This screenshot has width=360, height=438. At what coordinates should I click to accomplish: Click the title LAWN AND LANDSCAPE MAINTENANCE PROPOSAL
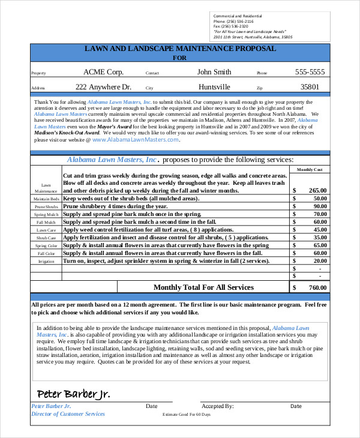(x=180, y=48)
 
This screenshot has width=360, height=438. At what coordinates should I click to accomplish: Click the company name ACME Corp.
(x=103, y=72)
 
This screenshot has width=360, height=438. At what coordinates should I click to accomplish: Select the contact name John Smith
(x=214, y=72)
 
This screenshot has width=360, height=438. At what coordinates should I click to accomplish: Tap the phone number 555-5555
(x=310, y=72)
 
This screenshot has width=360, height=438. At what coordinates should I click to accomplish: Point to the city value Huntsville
(x=214, y=86)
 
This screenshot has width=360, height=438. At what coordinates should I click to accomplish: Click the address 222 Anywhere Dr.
(x=103, y=86)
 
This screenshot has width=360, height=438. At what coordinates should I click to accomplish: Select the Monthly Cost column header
(x=310, y=170)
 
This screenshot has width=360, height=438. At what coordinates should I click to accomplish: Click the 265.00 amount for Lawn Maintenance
(x=317, y=190)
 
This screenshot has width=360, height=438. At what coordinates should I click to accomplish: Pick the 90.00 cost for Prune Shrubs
(x=319, y=206)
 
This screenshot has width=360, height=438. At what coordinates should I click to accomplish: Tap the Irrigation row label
(x=46, y=262)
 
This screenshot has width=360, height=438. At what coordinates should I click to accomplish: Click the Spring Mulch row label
(x=46, y=214)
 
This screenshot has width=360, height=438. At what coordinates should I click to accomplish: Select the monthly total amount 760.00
(x=317, y=288)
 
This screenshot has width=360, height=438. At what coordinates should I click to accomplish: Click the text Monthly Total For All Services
(x=203, y=287)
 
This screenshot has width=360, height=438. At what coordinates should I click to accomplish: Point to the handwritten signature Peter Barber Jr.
(x=73, y=394)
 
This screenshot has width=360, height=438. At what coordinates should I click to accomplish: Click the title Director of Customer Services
(x=68, y=414)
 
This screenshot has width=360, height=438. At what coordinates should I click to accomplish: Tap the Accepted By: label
(x=217, y=406)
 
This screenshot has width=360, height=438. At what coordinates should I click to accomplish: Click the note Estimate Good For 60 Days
(x=187, y=415)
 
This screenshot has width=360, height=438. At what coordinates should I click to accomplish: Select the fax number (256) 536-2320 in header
(x=231, y=26)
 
